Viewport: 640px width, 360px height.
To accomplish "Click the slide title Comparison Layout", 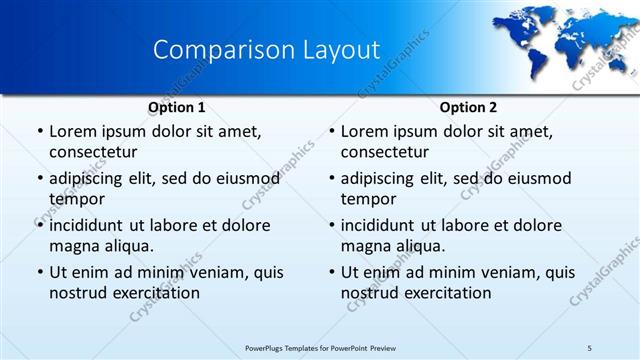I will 266,50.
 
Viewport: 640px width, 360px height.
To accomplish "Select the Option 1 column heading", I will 176,107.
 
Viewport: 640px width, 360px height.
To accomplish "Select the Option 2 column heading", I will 468,107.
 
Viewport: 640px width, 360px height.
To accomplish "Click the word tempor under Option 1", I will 76,199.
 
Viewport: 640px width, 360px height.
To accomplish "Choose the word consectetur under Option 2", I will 385,152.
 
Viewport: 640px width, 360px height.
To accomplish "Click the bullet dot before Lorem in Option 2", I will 330,132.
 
